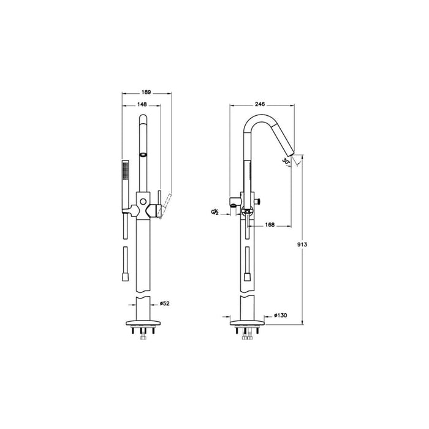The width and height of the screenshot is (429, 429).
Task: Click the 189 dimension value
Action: click(x=146, y=92)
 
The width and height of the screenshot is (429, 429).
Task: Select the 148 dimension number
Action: click(x=142, y=105)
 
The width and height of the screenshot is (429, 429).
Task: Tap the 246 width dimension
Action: click(x=260, y=105)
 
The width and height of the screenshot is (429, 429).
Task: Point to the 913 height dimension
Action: click(x=300, y=244)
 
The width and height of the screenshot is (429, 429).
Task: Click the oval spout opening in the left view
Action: click(x=143, y=154)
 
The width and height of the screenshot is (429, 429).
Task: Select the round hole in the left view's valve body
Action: click(x=143, y=201)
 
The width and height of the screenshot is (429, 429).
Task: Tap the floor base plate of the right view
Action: click(x=248, y=324)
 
